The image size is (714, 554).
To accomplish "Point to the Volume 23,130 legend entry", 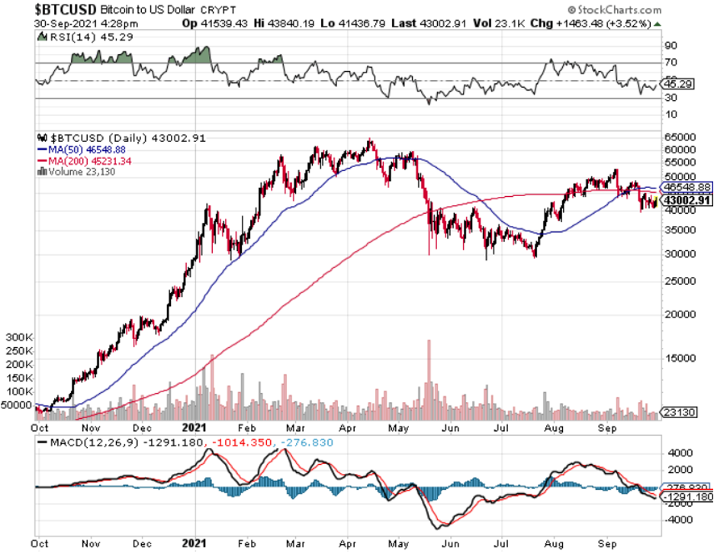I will coord(76,172).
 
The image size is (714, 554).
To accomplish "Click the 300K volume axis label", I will coord(19,337).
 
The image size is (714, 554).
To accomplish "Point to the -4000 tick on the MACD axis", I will coord(676,520).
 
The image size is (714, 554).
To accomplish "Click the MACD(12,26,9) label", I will coord(92,442).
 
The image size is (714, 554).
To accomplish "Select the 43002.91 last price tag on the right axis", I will coord(686,200).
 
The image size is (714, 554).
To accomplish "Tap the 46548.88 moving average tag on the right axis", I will coord(686,186).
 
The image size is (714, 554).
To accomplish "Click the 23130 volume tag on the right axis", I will coord(678,413).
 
